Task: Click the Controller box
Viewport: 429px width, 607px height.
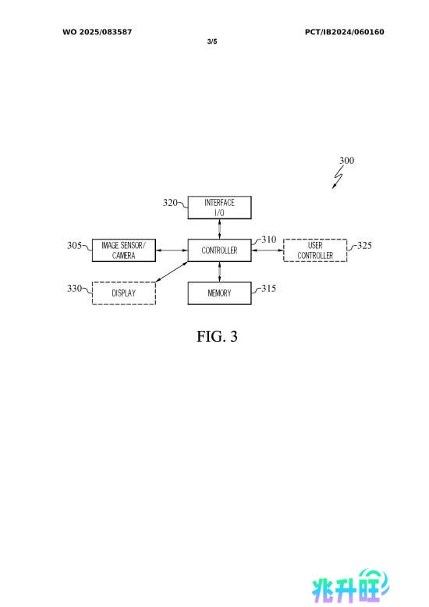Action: click(219, 250)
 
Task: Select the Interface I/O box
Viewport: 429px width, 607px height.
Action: click(219, 208)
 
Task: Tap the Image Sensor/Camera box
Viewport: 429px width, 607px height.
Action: click(124, 250)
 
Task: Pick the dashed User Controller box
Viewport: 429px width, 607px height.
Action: click(315, 250)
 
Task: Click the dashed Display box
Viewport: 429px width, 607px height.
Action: click(124, 293)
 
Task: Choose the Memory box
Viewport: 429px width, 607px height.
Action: click(219, 293)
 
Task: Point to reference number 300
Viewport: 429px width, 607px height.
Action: click(347, 160)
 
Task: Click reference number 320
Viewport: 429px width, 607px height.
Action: click(170, 202)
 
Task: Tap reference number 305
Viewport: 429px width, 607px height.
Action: click(74, 245)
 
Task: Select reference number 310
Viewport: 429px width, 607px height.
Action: click(268, 240)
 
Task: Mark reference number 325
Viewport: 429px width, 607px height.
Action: click(364, 245)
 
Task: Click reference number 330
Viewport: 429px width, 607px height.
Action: click(74, 288)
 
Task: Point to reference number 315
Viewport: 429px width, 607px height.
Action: click(268, 288)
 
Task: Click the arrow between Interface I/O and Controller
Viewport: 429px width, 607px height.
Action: click(219, 229)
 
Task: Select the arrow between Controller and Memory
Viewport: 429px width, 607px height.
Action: click(219, 272)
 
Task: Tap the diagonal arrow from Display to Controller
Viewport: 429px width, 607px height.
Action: click(172, 272)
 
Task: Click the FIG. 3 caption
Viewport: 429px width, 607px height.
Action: click(217, 336)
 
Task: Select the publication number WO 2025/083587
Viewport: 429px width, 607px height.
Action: click(97, 32)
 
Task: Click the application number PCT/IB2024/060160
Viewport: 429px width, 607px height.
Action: click(345, 32)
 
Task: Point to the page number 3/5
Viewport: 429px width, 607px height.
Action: click(212, 41)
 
